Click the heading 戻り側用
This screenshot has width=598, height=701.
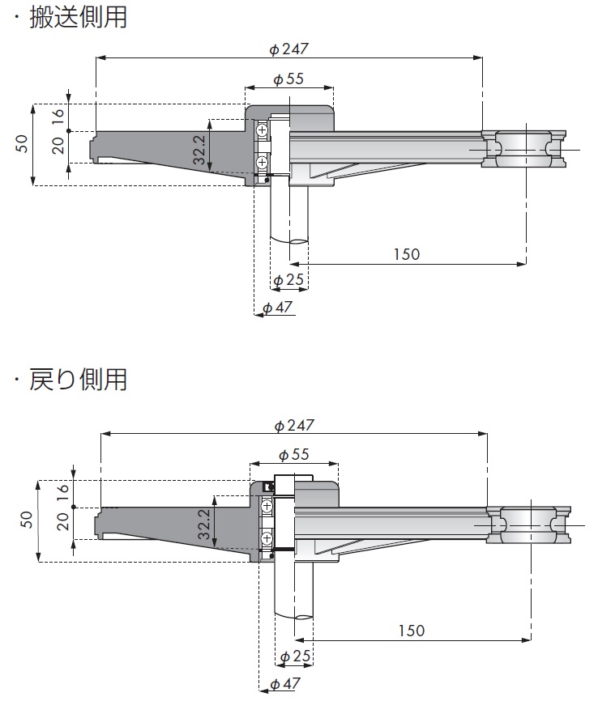[78, 379]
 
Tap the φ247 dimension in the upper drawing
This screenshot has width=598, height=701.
[289, 49]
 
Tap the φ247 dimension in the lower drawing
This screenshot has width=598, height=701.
[294, 425]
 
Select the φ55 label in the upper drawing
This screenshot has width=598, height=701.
[288, 79]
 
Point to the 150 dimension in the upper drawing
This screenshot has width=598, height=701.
[407, 254]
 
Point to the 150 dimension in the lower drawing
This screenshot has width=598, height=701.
[412, 631]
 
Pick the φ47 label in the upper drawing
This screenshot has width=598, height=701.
[277, 308]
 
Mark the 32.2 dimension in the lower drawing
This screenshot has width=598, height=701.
[204, 524]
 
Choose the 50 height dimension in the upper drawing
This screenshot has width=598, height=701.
[22, 144]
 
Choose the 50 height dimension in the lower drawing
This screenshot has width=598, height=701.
[27, 519]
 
